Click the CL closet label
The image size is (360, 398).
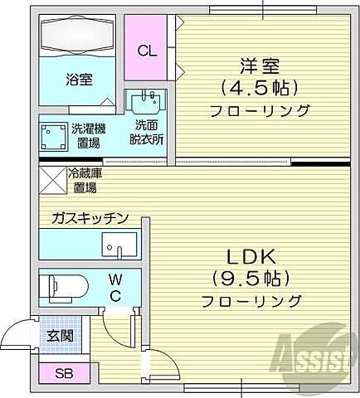click(x=146, y=51)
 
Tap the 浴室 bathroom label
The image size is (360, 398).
click(x=79, y=79)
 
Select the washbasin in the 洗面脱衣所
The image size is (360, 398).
click(x=147, y=104)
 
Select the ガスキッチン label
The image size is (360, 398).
click(x=89, y=218)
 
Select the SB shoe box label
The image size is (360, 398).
click(x=63, y=372)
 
